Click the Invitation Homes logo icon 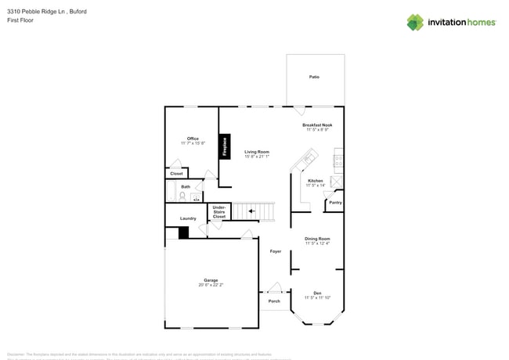click(415, 22)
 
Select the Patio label click(315, 77)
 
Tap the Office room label click(193, 139)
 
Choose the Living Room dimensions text click(257, 157)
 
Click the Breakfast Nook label click(317, 124)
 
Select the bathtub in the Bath click(196, 196)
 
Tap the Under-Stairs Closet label click(219, 211)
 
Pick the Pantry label click(335, 203)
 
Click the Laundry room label click(188, 218)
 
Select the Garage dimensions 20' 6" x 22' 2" click(211, 285)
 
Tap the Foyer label click(275, 251)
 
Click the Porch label click(274, 301)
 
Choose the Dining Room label click(317, 238)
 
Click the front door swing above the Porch click(274, 287)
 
